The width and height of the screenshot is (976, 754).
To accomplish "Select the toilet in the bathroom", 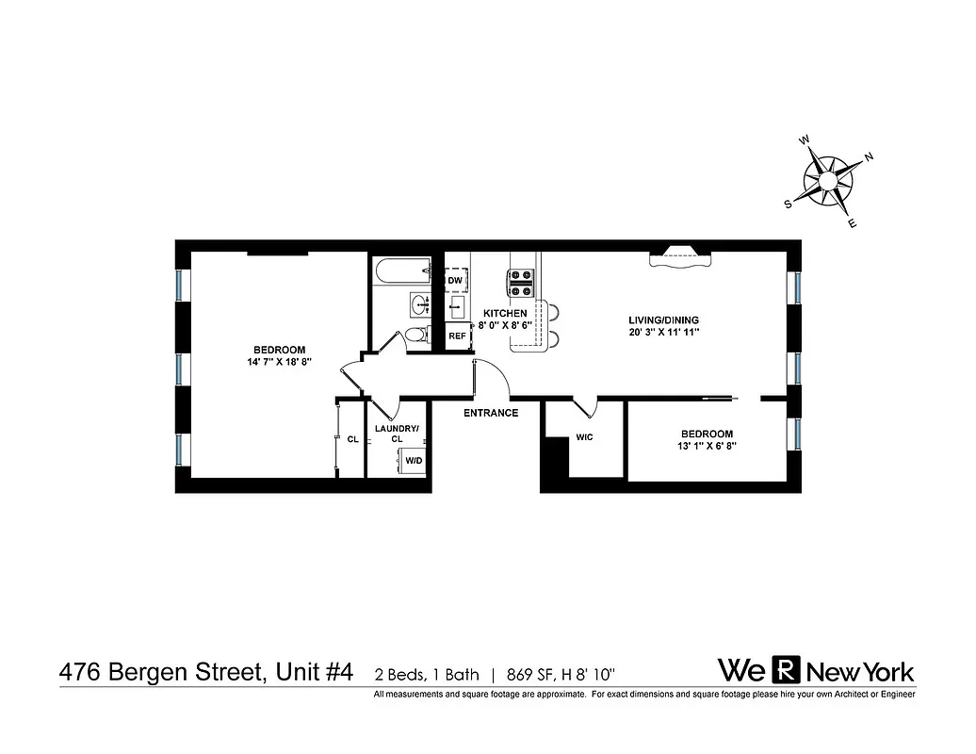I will click(x=415, y=336).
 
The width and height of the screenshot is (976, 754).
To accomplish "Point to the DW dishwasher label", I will click(x=456, y=281).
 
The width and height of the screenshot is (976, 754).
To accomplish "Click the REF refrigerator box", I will click(x=457, y=336).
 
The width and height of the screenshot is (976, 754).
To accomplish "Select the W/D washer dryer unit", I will click(x=414, y=461).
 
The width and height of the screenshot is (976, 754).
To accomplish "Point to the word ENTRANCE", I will click(x=491, y=413).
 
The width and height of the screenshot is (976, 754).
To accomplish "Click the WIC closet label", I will click(x=584, y=438).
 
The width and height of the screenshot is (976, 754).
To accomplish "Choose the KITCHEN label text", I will click(x=505, y=313).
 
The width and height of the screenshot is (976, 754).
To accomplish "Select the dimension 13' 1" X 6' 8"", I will click(x=707, y=446).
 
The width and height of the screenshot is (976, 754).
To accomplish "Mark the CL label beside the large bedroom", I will click(x=352, y=439).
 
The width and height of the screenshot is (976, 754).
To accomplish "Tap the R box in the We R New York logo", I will click(x=786, y=670).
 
